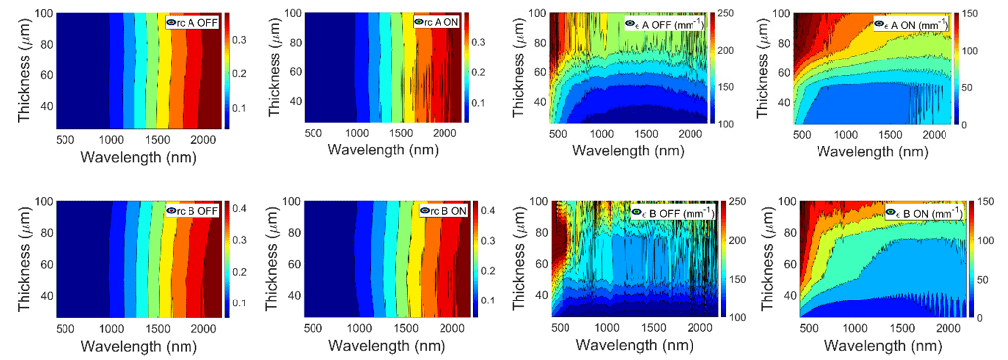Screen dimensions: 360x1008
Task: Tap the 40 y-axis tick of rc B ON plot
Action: [x=283, y=296]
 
